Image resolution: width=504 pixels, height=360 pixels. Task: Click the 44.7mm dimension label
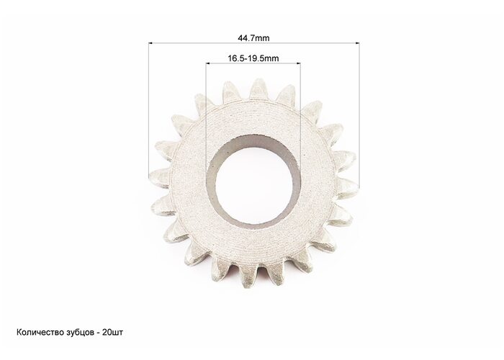point(253,38)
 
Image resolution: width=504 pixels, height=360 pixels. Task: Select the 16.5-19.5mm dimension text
point(253,58)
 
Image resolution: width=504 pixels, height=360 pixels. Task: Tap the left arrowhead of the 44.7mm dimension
point(150,42)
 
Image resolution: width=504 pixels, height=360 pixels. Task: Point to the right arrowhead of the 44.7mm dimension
point(357,42)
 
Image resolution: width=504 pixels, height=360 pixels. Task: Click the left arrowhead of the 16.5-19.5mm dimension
point(208,63)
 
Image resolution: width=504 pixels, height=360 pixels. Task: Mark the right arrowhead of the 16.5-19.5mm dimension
point(298,63)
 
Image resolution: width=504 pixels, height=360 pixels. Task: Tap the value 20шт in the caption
point(112,333)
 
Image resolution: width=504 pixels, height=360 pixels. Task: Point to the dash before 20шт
point(97,333)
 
